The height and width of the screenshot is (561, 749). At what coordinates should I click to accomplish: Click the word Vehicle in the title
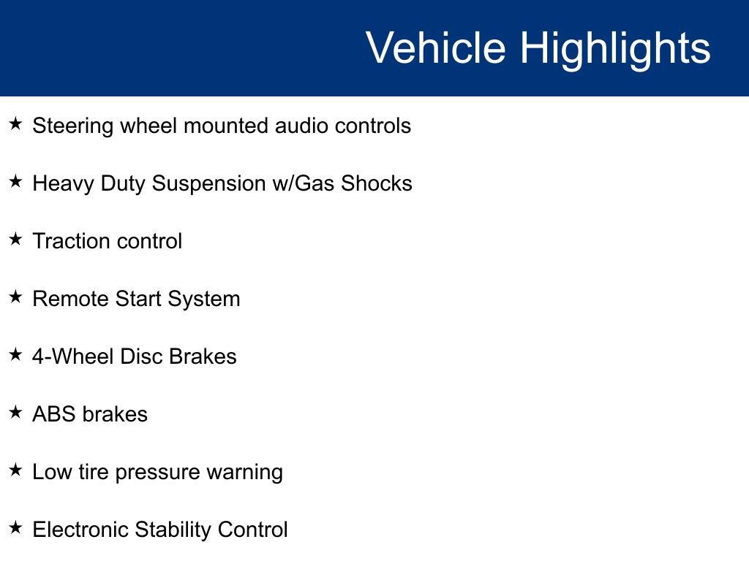click(435, 48)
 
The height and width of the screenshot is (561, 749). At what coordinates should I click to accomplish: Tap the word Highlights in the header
click(615, 48)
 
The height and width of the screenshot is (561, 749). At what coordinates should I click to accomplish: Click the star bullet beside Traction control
click(16, 239)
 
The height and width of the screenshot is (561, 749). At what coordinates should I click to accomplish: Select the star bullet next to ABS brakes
click(16, 412)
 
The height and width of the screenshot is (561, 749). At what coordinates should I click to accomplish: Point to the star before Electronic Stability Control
click(16, 527)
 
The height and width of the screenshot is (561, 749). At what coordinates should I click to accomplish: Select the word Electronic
click(80, 530)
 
